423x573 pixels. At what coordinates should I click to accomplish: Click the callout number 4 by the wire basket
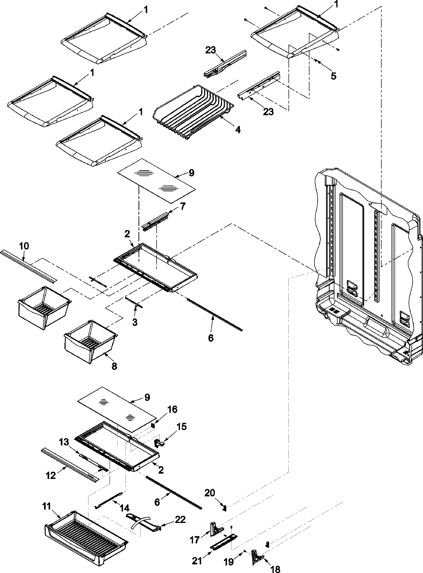tap(238, 130)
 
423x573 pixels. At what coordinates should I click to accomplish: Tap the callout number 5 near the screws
tap(333, 75)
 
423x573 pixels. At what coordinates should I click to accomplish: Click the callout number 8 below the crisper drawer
tap(114, 366)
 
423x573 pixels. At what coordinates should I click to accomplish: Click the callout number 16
tap(173, 409)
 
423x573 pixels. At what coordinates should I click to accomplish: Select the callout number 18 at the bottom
tap(276, 569)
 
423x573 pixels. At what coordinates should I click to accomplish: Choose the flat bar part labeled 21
tap(223, 537)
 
